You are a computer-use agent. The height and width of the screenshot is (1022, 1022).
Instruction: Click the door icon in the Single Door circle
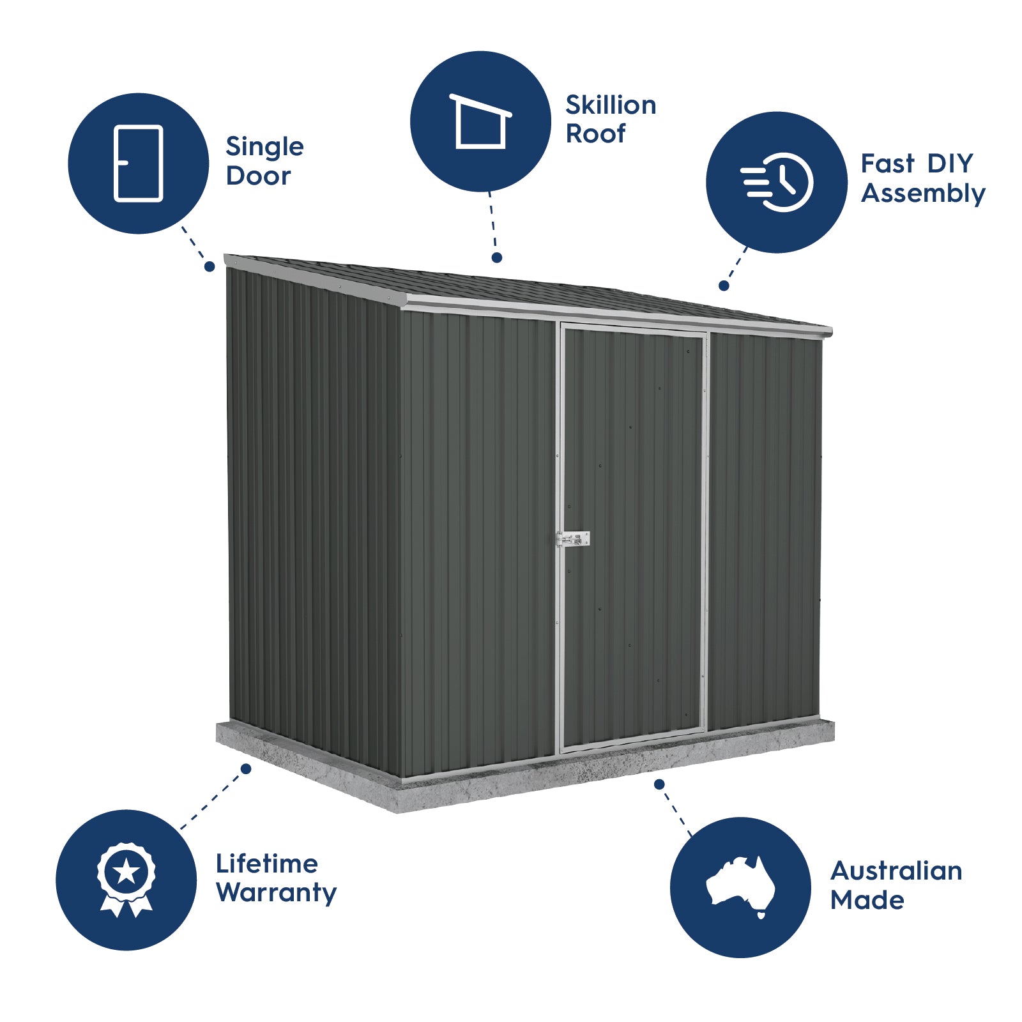138,164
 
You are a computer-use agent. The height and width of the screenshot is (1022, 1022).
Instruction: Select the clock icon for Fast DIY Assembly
778,182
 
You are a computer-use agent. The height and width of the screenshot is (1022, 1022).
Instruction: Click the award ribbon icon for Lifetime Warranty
126,879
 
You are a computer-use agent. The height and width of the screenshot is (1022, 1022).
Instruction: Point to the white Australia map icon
741,885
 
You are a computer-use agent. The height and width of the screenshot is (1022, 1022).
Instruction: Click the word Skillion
611,105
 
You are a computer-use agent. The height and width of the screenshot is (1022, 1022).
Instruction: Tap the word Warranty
276,893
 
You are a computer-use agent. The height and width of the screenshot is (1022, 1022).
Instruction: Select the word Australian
896,871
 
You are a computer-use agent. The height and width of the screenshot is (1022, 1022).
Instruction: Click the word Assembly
923,194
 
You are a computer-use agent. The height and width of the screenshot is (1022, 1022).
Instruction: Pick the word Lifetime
266,864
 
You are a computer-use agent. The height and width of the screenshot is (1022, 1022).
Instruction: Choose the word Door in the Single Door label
258,176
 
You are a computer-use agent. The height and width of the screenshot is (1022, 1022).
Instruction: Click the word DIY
950,164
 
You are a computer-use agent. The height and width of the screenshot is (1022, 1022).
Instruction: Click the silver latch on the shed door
573,539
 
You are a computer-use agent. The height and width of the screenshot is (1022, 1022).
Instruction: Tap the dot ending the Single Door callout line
210,267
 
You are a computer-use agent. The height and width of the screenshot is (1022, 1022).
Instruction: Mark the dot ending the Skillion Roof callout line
497,257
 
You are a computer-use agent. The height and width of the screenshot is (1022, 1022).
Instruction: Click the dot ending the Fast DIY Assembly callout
724,286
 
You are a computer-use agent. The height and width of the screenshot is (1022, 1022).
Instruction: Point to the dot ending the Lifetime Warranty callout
246,768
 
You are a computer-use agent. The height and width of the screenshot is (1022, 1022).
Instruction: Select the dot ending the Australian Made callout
659,784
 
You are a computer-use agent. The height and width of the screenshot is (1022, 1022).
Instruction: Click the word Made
867,901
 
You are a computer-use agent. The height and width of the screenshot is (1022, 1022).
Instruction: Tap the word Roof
595,134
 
